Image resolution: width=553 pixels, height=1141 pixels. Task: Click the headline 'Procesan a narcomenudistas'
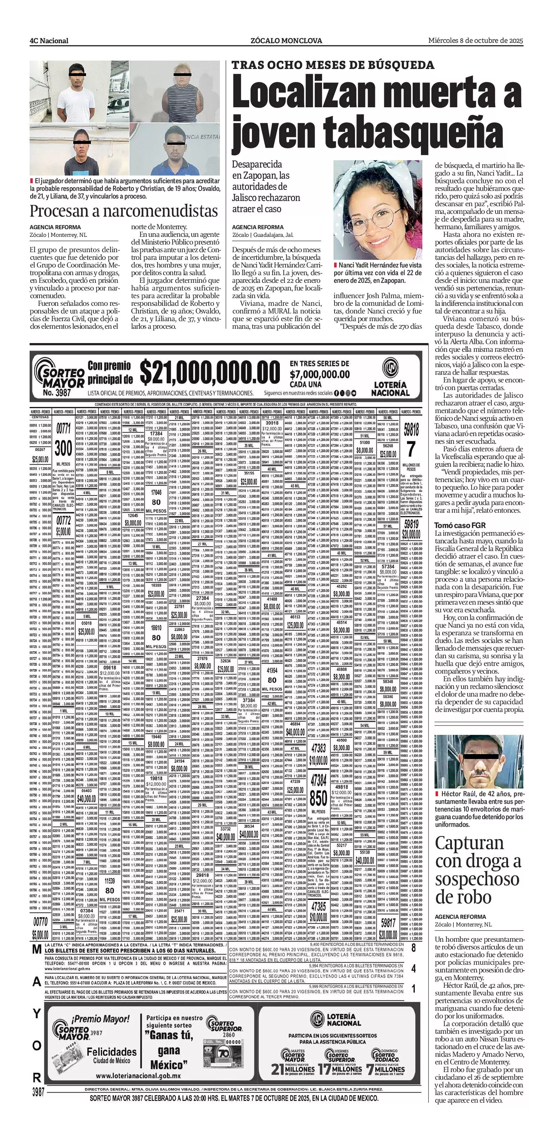click(x=124, y=210)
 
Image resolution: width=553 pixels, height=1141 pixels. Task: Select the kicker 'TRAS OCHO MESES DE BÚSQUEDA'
click(x=333, y=65)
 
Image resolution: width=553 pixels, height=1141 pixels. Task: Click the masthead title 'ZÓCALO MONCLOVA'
click(x=286, y=41)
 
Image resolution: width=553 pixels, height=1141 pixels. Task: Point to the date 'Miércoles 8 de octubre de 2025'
click(x=475, y=40)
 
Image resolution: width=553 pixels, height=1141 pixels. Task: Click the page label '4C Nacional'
click(x=49, y=41)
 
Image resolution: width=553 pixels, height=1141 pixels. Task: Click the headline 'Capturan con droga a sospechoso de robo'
click(x=478, y=870)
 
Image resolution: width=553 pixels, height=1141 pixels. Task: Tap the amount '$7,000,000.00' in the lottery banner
click(x=320, y=374)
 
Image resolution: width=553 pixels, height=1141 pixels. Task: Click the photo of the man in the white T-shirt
click(x=79, y=92)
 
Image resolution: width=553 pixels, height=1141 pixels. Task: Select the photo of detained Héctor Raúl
click(x=478, y=761)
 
